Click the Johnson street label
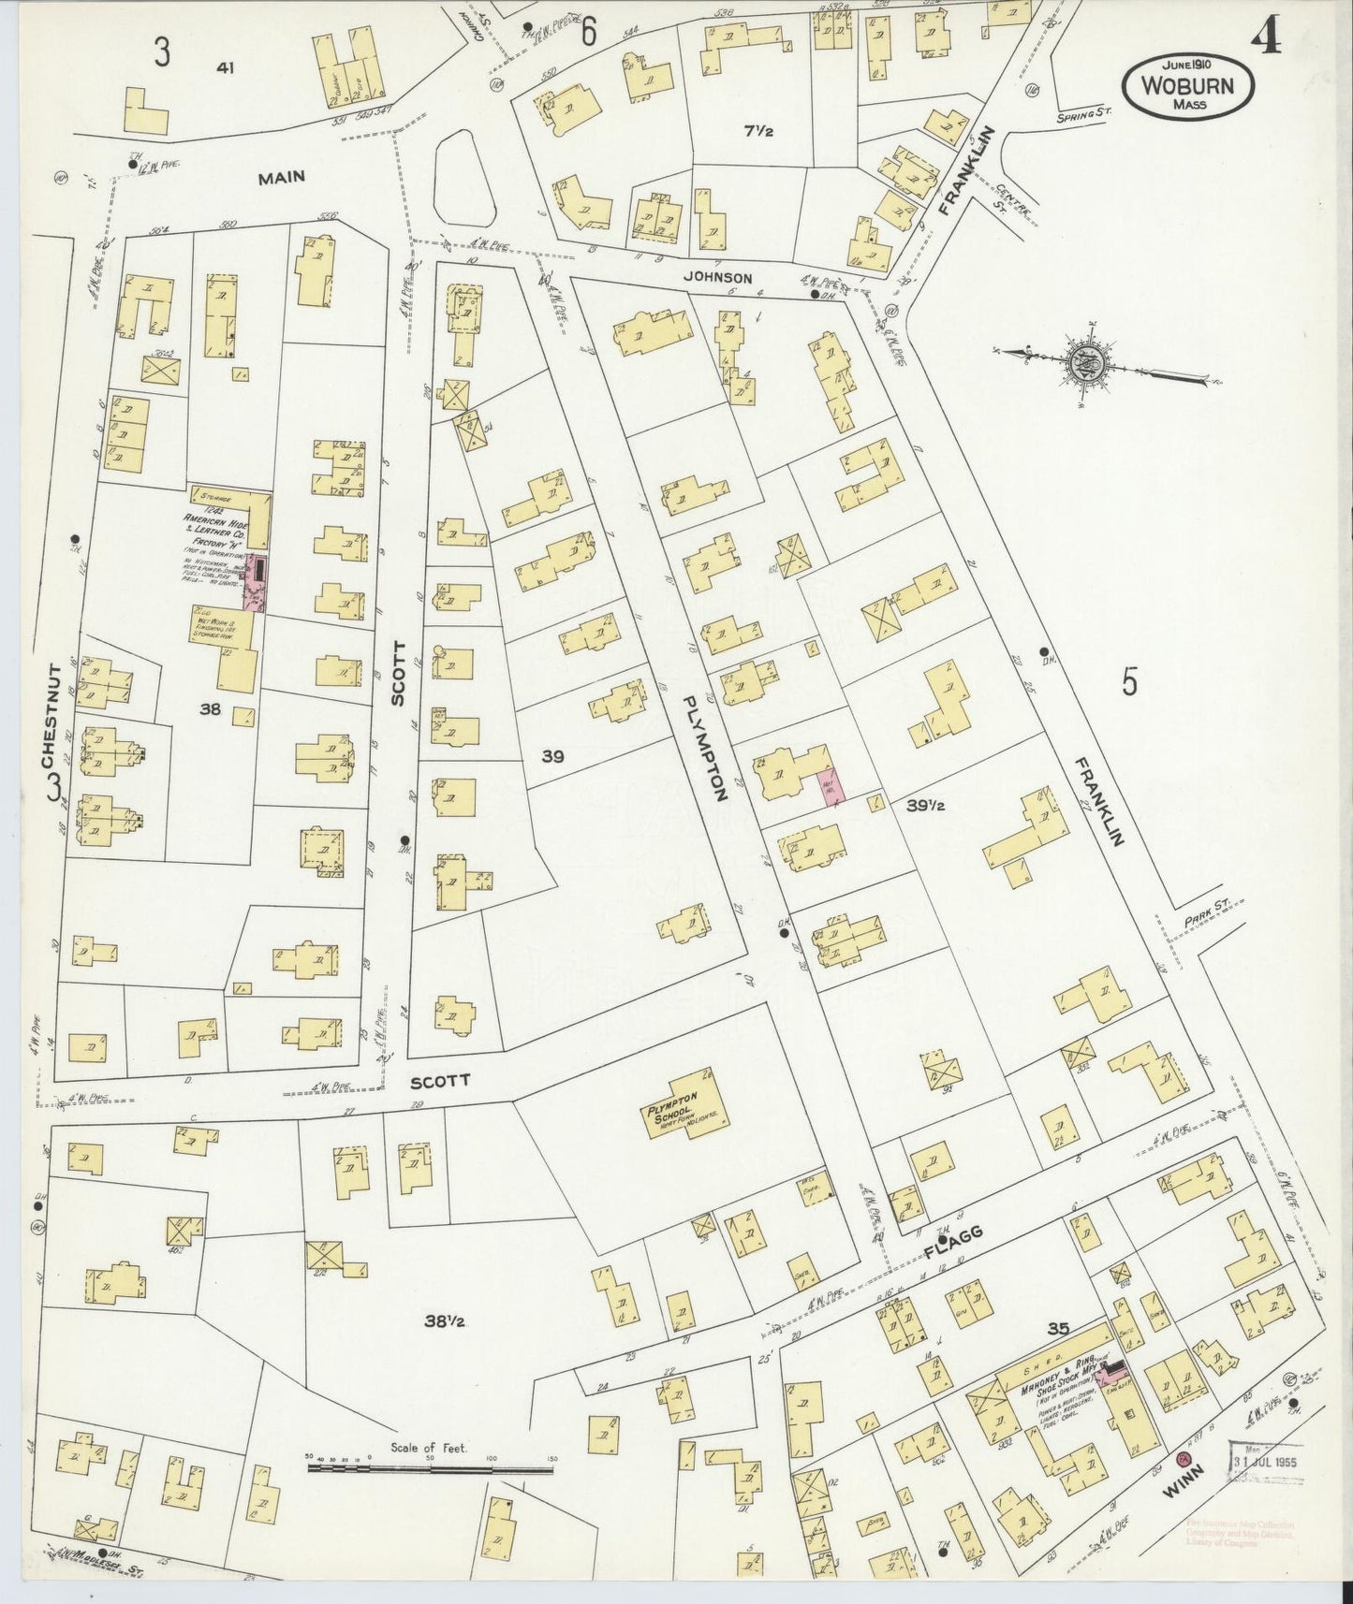coord(717,277)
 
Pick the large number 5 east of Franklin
coord(1129,682)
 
